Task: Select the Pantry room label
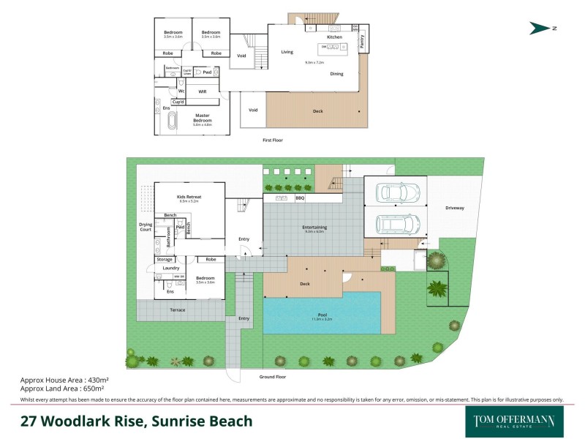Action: coord(361,42)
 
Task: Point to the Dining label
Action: coord(336,74)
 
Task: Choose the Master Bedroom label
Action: coord(202,118)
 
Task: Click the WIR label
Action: coord(203,91)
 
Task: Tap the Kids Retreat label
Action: coord(189,198)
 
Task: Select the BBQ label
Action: coord(300,198)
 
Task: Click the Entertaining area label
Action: coord(314,228)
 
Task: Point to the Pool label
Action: coord(322,315)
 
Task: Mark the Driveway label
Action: coord(454,208)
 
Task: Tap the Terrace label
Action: coord(178,310)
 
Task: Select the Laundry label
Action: coord(170,269)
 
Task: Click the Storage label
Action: coord(165,259)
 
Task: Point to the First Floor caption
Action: coord(272,139)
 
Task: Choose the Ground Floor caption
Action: coord(272,377)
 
